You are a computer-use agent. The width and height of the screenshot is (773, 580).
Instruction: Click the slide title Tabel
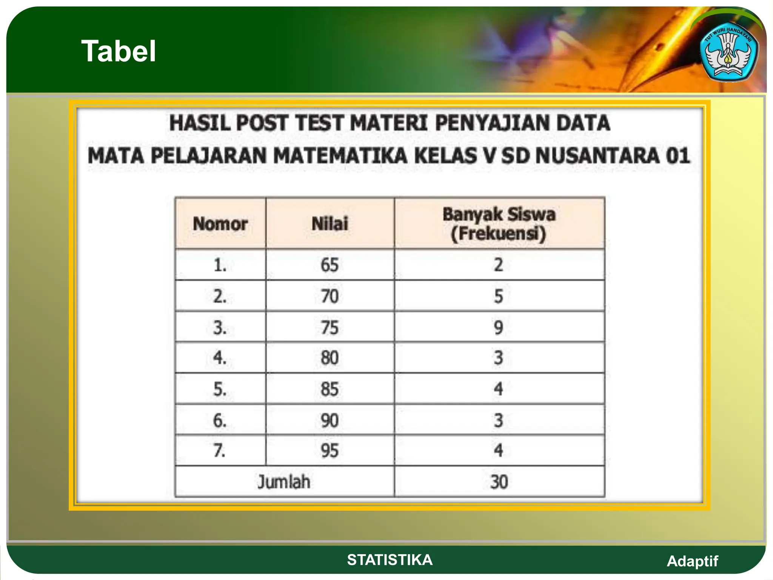(119, 51)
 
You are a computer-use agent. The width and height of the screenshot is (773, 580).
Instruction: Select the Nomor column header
(220, 224)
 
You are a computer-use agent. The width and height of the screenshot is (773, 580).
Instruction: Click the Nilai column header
(330, 224)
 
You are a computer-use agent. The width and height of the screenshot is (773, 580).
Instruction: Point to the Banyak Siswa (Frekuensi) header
(499, 224)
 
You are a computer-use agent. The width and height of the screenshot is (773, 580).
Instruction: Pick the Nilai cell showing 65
(330, 265)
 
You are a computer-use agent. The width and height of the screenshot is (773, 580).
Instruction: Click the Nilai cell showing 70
(330, 296)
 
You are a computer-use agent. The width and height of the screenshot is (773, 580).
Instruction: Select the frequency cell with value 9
(499, 327)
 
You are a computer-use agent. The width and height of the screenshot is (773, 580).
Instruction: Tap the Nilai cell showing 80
(330, 358)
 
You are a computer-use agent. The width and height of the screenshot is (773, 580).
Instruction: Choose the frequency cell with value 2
(499, 265)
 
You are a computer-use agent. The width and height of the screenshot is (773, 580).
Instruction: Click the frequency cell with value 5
(499, 296)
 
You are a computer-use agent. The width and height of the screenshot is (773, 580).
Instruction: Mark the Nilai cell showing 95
(330, 450)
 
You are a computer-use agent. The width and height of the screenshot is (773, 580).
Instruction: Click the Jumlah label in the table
(284, 482)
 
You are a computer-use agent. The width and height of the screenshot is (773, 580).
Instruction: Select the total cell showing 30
(499, 482)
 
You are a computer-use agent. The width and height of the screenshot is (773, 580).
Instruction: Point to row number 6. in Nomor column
(220, 420)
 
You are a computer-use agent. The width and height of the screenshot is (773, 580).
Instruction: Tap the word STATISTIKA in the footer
(390, 560)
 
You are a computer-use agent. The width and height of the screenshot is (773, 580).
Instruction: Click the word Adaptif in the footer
(692, 561)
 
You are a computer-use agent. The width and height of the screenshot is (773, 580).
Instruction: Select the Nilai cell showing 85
(330, 389)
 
